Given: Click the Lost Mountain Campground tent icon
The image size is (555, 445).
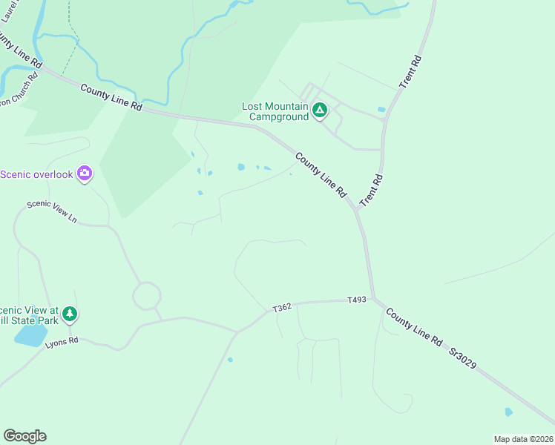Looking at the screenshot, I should (320, 111).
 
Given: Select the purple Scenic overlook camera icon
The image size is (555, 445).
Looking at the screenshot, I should (85, 174).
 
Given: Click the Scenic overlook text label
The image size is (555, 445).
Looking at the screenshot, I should (37, 174).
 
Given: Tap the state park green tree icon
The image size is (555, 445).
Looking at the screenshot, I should (70, 314).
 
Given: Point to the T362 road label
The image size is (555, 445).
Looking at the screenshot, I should (282, 308).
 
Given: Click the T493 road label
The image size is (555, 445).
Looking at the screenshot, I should (358, 300).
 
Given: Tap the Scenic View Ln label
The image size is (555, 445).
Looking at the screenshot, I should (52, 211).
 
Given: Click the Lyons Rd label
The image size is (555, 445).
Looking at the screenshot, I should (62, 342).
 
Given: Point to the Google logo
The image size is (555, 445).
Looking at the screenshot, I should (24, 436).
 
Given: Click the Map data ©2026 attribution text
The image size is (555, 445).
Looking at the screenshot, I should (522, 438).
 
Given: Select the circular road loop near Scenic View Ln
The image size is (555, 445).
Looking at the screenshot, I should (146, 295).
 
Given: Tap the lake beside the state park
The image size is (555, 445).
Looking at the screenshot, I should (30, 335).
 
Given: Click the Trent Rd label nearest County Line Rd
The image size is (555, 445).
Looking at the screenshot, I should (371, 191).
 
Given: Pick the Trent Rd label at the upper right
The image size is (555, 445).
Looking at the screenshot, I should (410, 72).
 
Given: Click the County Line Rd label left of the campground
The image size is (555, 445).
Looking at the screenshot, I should (111, 97).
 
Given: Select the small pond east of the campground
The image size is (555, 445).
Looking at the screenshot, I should (381, 110).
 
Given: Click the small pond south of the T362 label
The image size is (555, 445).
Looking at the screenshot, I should (230, 360).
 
